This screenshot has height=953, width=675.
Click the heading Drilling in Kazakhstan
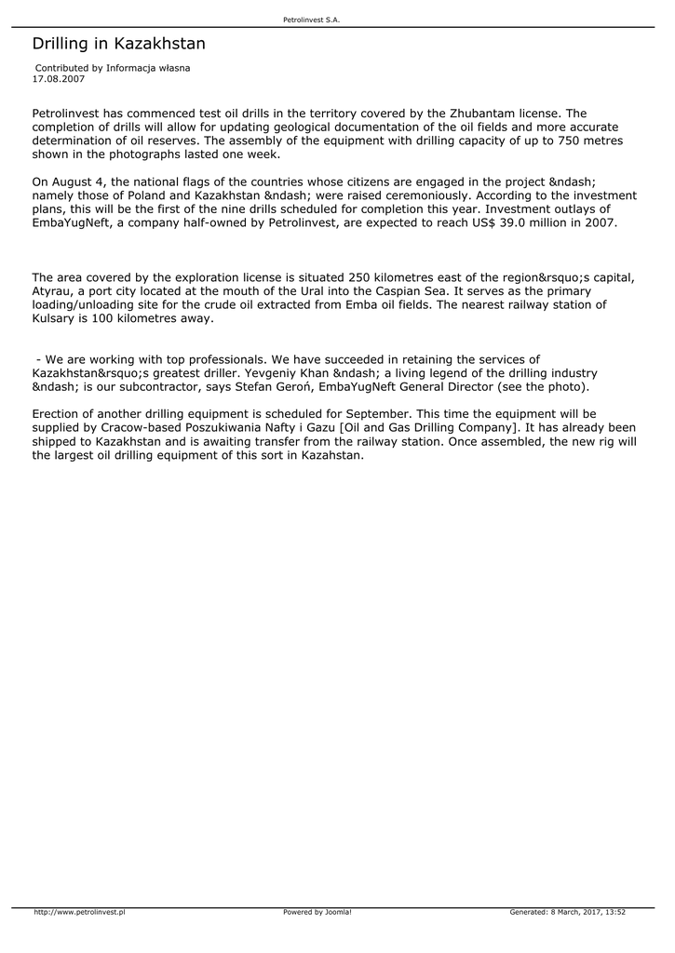click(118, 44)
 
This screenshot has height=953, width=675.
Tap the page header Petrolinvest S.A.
click(317, 20)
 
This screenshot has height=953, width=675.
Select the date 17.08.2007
click(59, 79)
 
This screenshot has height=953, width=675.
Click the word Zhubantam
click(483, 114)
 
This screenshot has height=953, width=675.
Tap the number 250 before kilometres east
click(361, 277)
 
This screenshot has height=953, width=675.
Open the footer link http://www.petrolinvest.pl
click(79, 912)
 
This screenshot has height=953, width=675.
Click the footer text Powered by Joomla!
click(317, 912)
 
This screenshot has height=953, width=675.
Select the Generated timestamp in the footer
click(567, 912)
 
